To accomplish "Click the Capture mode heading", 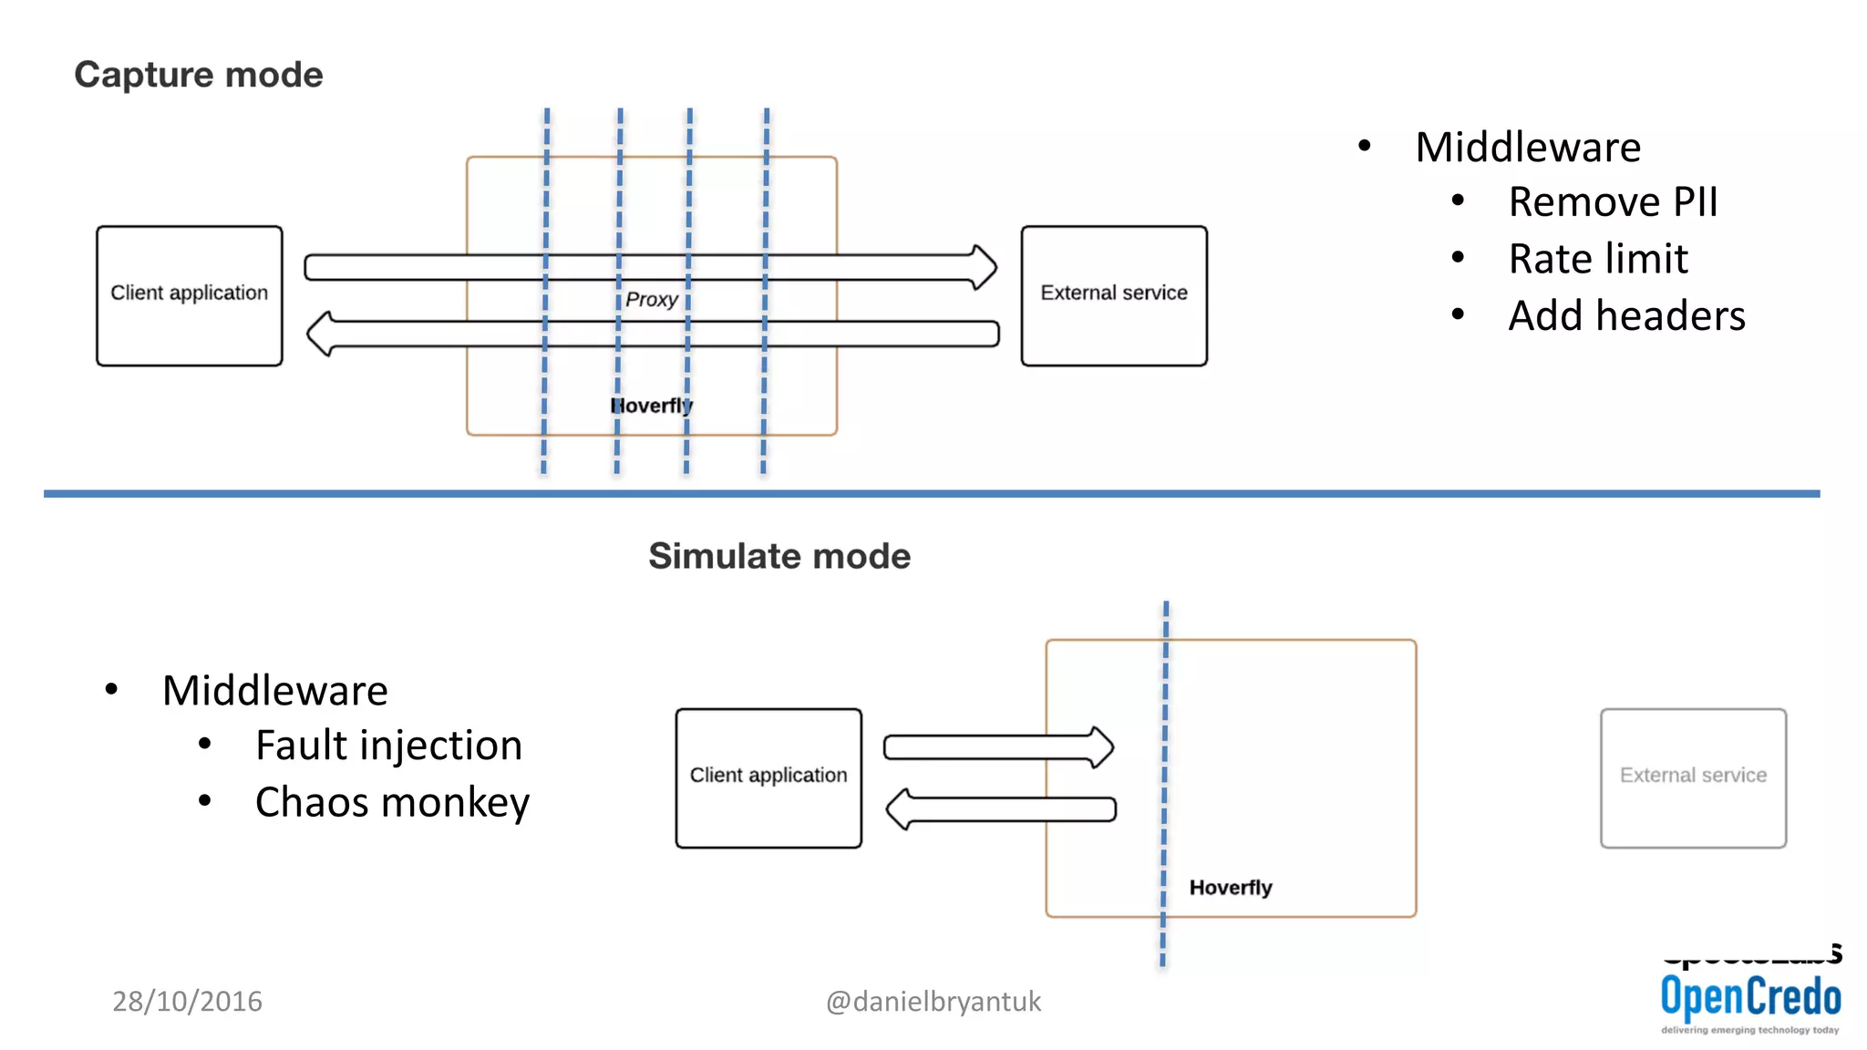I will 199,75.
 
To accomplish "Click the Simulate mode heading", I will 779,556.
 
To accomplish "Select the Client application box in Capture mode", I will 190,295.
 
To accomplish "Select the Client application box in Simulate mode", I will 768,777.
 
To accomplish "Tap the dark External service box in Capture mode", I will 1114,295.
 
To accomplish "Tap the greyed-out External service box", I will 1693,777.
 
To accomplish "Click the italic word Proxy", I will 651,300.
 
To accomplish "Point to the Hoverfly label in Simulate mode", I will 1230,888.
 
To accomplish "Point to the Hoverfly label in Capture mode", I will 651,406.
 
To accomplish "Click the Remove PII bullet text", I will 1612,202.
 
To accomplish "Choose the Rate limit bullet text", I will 1597,259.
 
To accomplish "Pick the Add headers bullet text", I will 1626,316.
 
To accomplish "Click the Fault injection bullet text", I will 388,746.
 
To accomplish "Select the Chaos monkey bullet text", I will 392,803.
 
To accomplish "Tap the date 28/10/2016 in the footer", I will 187,1001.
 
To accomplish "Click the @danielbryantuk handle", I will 933,1001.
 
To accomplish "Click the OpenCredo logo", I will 1750,999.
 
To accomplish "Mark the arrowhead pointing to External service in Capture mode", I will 985,267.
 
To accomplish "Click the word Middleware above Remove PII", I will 1528,148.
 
